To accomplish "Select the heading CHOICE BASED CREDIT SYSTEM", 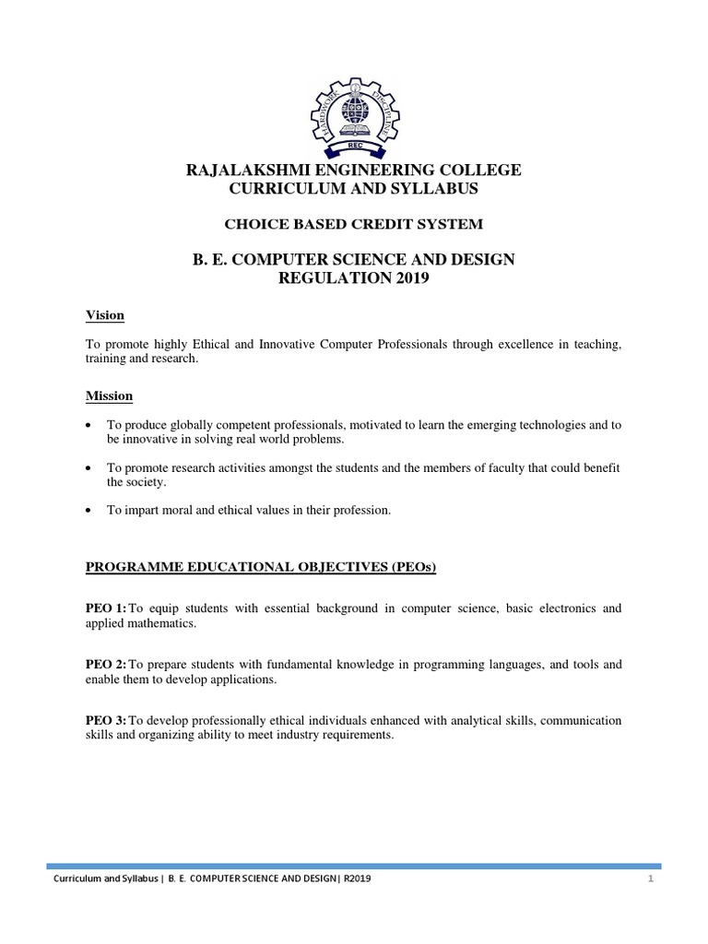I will point(354,224).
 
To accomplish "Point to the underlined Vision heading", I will point(105,315).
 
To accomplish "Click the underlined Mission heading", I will point(110,395).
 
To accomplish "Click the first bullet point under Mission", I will point(88,425).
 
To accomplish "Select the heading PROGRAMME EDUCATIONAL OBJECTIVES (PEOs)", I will point(261,567).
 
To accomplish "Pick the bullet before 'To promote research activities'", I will point(88,468).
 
